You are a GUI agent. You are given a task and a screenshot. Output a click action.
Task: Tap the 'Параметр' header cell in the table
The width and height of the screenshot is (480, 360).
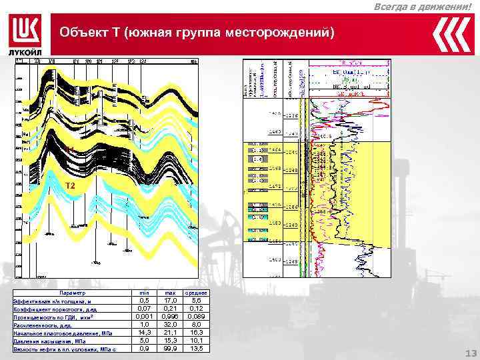[72, 293]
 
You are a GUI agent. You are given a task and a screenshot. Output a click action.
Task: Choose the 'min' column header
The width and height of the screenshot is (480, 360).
[143, 293]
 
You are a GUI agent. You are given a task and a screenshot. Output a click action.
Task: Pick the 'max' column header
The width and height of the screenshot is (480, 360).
[169, 293]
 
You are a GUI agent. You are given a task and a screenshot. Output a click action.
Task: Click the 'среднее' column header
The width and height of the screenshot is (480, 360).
[196, 293]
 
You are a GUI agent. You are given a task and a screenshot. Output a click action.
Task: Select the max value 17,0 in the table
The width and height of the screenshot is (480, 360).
[169, 301]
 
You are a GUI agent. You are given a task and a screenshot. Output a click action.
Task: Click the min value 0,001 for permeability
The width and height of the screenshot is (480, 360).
[143, 317]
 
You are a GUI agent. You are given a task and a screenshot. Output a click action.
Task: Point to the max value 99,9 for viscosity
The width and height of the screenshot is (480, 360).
[169, 348]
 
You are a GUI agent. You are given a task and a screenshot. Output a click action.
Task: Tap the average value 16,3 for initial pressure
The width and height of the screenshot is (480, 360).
[196, 332]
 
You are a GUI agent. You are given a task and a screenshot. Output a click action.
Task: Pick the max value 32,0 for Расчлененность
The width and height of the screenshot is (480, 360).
[169, 325]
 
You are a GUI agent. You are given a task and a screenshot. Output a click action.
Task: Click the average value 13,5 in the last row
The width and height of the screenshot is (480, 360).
[196, 348]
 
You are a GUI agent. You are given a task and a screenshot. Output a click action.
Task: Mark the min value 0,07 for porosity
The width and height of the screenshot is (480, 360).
[143, 309]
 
